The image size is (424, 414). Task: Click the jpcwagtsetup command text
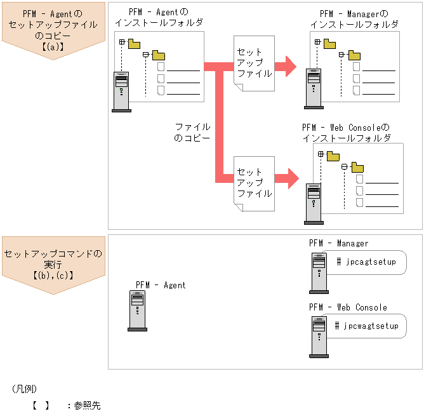[x=367, y=326]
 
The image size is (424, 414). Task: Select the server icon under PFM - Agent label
[x=137, y=311]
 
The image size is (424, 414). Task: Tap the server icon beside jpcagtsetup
[x=319, y=272]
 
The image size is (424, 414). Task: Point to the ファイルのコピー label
[x=192, y=132]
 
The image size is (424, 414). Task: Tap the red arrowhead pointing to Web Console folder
[x=291, y=178]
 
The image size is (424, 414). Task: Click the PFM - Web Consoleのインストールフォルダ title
[x=346, y=133]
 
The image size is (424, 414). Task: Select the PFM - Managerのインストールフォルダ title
[x=354, y=19]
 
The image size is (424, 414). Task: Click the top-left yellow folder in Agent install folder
[x=134, y=44]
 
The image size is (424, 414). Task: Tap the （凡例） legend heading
[x=25, y=388]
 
